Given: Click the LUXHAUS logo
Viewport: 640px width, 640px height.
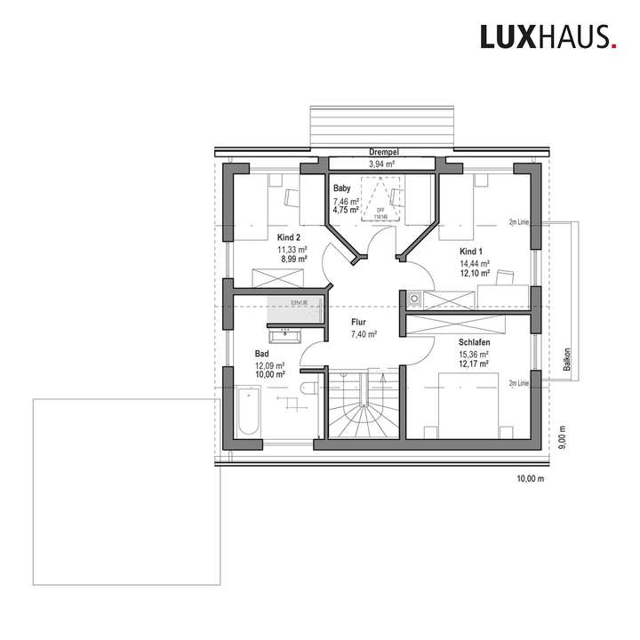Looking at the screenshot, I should click(x=547, y=36).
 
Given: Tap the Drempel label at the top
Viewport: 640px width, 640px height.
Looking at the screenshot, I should click(x=382, y=153).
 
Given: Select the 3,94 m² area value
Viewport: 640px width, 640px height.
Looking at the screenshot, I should click(x=382, y=164).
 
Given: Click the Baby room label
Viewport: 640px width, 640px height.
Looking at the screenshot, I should click(x=341, y=189).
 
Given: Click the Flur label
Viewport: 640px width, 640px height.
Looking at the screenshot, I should click(x=359, y=323).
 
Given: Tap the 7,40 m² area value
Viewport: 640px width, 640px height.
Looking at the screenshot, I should click(x=364, y=335).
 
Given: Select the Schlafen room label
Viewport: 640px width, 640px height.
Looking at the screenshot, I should click(x=475, y=341).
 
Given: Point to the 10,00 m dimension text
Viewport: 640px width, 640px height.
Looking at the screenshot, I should click(x=530, y=478).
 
